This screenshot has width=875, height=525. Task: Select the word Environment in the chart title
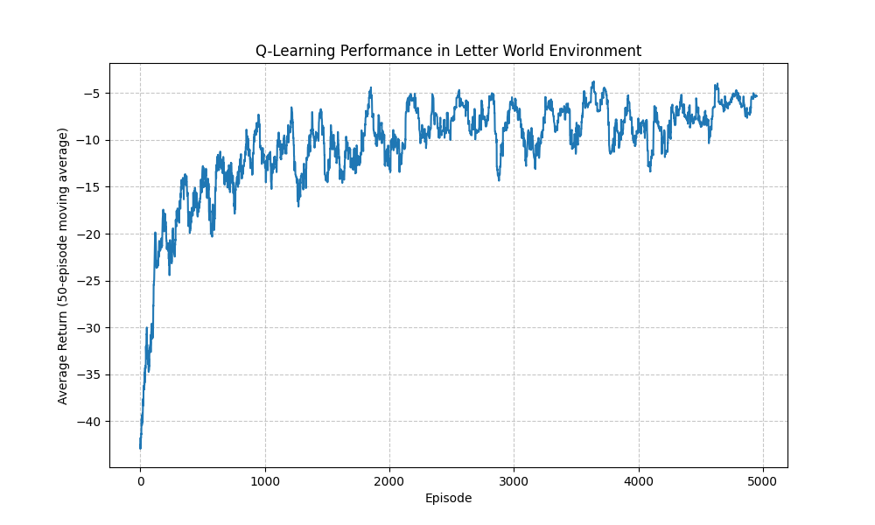598,51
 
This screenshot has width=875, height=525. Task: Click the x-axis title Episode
448,498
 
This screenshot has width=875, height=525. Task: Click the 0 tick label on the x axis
140,480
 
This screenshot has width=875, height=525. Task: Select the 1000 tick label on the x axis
264,480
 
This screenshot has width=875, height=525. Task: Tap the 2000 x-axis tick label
389,480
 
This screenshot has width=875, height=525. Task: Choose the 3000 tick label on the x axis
514,480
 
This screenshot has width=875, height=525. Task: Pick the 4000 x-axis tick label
639,480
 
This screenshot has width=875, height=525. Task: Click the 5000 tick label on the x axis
763,480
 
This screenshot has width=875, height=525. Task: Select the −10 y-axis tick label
91,140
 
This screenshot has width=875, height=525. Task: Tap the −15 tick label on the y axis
91,187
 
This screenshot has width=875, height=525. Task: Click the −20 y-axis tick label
91,234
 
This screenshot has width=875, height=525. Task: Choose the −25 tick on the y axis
91,281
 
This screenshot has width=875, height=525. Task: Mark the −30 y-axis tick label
91,328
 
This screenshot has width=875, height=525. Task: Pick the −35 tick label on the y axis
91,374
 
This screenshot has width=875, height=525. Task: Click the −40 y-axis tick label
91,422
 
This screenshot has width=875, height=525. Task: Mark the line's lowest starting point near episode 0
140,448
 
